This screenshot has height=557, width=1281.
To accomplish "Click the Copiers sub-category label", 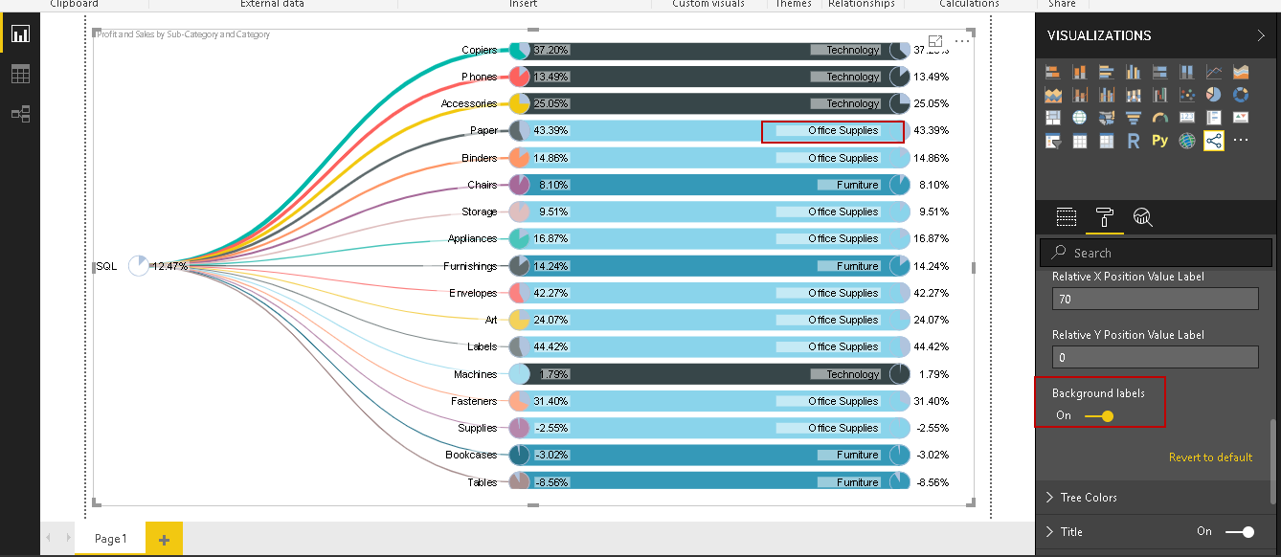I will click(x=479, y=50).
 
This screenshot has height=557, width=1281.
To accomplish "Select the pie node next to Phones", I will click(x=520, y=77).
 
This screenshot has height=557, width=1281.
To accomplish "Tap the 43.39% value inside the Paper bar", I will click(x=551, y=130).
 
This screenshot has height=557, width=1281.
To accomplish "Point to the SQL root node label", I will click(x=106, y=266).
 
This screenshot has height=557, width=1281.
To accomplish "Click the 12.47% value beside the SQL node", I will click(x=170, y=266).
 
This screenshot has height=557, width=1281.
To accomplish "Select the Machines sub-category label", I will click(x=475, y=374).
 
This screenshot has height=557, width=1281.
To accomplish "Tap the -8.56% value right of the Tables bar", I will click(x=931, y=482).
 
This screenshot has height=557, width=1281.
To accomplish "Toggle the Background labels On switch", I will click(x=1098, y=415).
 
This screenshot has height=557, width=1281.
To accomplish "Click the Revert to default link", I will click(x=1210, y=457).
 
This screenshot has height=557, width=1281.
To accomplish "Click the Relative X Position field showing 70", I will click(x=1155, y=300).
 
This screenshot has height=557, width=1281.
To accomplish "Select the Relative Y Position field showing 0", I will click(x=1155, y=358).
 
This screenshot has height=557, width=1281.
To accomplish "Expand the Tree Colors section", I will click(x=1089, y=498).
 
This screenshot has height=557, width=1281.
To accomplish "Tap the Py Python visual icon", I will click(x=1159, y=141).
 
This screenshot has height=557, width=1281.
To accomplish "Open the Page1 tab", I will click(x=110, y=539).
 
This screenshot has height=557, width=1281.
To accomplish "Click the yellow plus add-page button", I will click(x=164, y=540).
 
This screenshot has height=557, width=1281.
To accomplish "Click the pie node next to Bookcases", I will click(x=520, y=455).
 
